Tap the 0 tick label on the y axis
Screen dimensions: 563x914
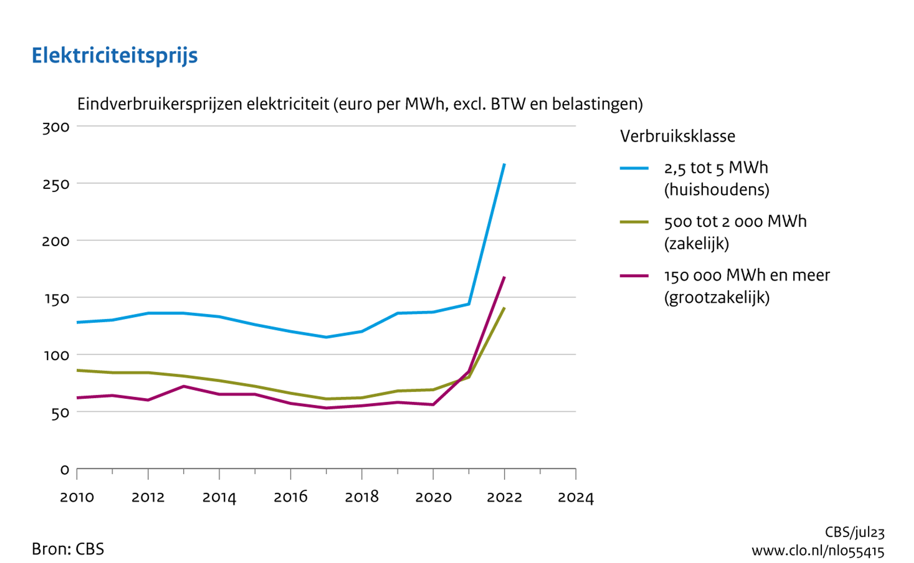pos(65,470)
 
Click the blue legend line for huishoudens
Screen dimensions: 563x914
pos(634,168)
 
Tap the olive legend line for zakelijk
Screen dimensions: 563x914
pos(634,222)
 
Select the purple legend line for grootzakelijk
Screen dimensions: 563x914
pos(634,276)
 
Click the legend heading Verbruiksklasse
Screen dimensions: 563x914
pos(677,136)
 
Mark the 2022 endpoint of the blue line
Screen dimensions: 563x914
pos(504,164)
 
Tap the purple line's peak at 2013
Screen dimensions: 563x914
pos(184,386)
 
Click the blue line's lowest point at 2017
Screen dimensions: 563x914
pos(326,337)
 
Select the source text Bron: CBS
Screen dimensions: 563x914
pos(68,549)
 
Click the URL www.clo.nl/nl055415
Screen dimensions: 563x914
pos(818,551)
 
